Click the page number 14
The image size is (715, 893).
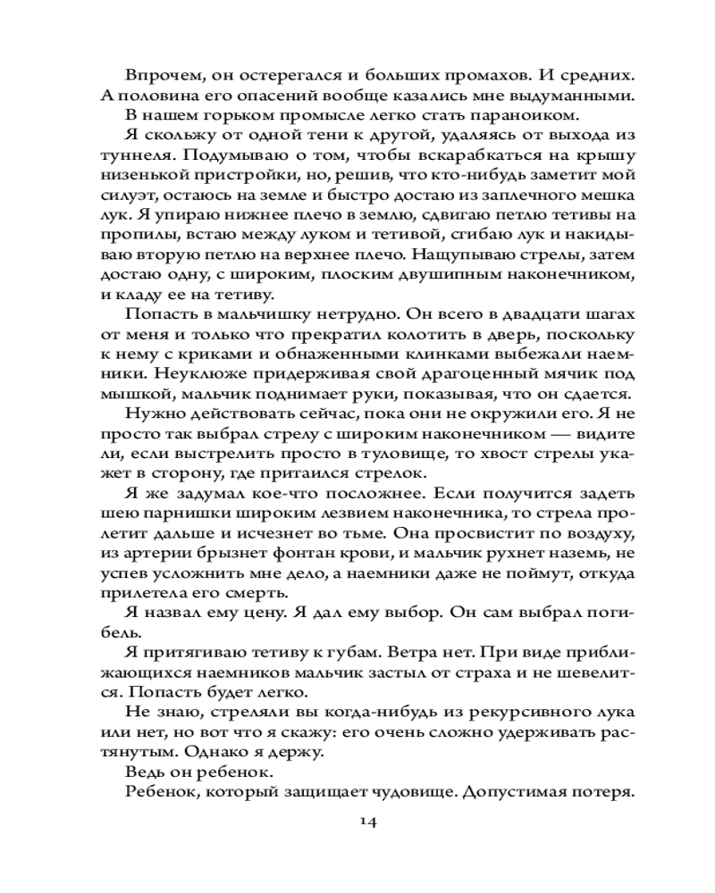coord(358,822)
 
